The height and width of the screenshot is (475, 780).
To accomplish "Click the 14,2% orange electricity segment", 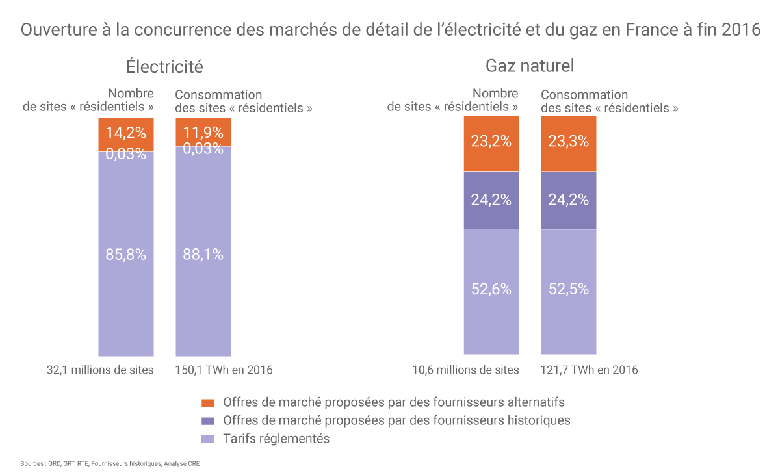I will (125, 134).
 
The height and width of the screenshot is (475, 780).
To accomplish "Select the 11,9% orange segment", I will (203, 131).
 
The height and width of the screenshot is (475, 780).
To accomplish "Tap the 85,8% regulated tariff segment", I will (125, 255).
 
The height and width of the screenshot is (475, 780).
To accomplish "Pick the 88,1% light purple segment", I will (203, 255).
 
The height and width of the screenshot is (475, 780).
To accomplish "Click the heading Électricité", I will (164, 66).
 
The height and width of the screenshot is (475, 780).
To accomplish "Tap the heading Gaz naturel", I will (530, 66).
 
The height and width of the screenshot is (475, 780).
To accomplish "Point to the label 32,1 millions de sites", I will (100, 370).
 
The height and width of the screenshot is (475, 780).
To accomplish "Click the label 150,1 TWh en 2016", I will (224, 370).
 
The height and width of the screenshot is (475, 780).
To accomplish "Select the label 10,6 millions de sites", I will (466, 370).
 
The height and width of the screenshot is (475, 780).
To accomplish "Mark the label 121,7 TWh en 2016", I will (590, 370).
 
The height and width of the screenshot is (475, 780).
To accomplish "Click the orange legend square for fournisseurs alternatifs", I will (207, 402).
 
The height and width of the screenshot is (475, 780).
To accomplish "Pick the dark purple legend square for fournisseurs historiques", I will (207, 420).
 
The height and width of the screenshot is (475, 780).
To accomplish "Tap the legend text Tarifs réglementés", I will (276, 439).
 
